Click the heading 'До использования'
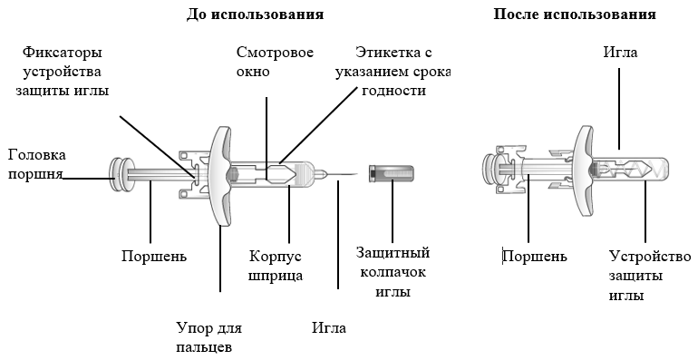point(255,15)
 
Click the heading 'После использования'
point(575,15)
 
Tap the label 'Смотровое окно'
point(275,62)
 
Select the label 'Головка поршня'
point(37,164)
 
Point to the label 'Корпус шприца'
point(276,266)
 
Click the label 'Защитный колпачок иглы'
point(393,272)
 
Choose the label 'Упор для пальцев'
point(208,337)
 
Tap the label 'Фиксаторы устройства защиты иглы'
point(63,72)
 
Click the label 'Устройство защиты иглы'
point(650,276)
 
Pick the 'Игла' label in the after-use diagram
point(620,52)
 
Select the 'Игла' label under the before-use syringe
point(329,328)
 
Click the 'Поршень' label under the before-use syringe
point(154,257)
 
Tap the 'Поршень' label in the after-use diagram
point(535,257)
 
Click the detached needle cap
point(392,173)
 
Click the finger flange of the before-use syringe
point(221,176)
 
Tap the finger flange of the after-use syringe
point(585,171)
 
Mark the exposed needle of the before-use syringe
point(342,174)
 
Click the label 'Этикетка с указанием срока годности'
point(393,72)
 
